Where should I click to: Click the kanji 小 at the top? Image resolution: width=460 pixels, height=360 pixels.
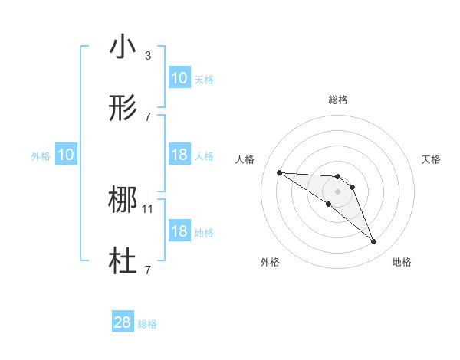click(123, 47)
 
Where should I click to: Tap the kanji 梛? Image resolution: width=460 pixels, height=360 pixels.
click(123, 201)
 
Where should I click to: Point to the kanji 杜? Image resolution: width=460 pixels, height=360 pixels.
click(123, 262)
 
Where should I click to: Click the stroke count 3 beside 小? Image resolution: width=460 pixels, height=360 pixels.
click(147, 55)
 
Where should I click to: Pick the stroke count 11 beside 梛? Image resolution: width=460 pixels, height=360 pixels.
click(148, 208)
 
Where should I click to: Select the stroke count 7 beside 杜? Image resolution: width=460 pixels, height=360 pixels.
click(147, 270)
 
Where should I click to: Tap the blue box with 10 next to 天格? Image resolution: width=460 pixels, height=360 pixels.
click(179, 78)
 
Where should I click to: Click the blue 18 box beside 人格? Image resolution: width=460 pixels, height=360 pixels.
click(179, 155)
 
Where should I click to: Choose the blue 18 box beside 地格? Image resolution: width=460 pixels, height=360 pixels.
click(179, 231)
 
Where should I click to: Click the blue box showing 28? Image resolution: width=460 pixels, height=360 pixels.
click(123, 322)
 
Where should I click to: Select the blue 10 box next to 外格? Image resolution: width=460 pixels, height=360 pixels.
click(65, 155)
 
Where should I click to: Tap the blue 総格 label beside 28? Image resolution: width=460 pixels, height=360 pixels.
click(147, 324)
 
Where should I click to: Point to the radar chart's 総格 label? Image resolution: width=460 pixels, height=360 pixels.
click(338, 100)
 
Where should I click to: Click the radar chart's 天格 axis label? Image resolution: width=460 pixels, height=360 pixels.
click(431, 159)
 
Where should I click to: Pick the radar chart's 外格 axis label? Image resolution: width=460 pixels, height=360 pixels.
click(270, 262)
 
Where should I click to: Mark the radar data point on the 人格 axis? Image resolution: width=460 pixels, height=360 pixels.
click(279, 172)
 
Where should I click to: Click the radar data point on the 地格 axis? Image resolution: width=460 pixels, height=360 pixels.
click(373, 242)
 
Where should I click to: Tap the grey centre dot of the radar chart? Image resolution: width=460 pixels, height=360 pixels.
click(338, 191)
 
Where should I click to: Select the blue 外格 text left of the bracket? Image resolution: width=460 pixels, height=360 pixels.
click(41, 155)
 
